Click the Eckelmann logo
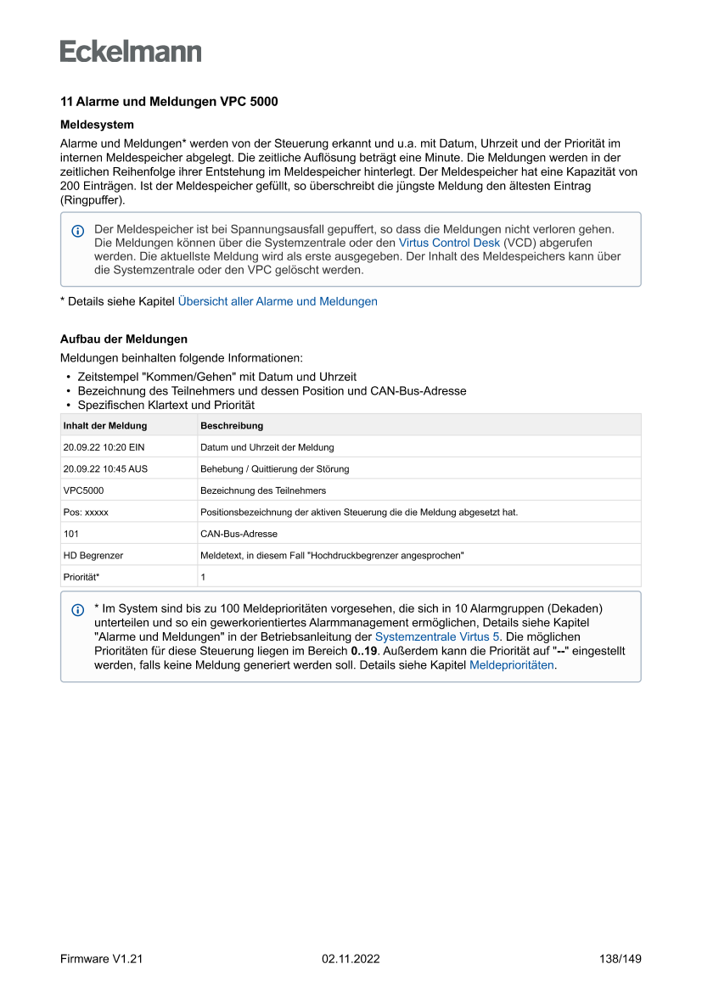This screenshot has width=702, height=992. (131, 52)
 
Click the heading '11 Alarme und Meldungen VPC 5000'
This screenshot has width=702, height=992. (169, 102)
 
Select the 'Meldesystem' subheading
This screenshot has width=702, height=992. (97, 125)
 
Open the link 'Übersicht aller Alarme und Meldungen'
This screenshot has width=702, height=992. (278, 301)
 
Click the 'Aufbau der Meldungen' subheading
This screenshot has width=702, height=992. (124, 339)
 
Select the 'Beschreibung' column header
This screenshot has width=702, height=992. (232, 425)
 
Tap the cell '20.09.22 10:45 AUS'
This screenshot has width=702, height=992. (105, 468)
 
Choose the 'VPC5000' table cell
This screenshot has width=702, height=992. (83, 490)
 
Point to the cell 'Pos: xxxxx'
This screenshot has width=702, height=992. (86, 513)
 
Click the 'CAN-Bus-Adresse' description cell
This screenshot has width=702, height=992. (239, 535)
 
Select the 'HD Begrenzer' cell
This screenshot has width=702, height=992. (93, 556)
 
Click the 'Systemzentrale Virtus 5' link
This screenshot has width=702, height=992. (437, 636)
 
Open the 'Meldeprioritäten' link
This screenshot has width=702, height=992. (512, 665)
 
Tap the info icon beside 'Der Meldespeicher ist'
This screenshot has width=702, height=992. (78, 231)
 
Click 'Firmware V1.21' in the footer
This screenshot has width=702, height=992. (101, 959)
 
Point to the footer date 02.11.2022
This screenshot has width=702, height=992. (351, 959)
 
